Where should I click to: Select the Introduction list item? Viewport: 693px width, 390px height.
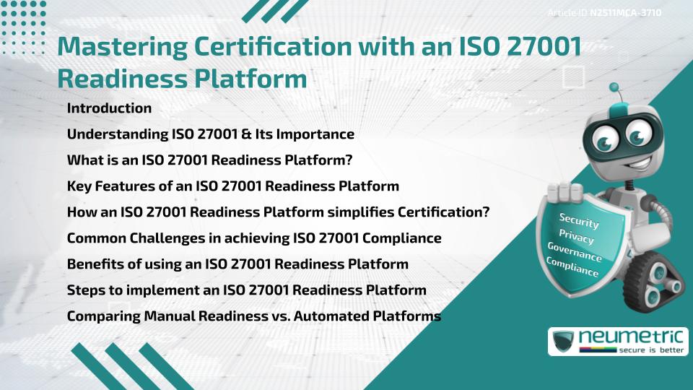(109, 108)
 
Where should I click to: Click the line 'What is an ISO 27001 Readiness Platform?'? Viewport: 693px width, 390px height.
(209, 160)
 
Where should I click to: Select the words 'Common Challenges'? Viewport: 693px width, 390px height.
(128, 238)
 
